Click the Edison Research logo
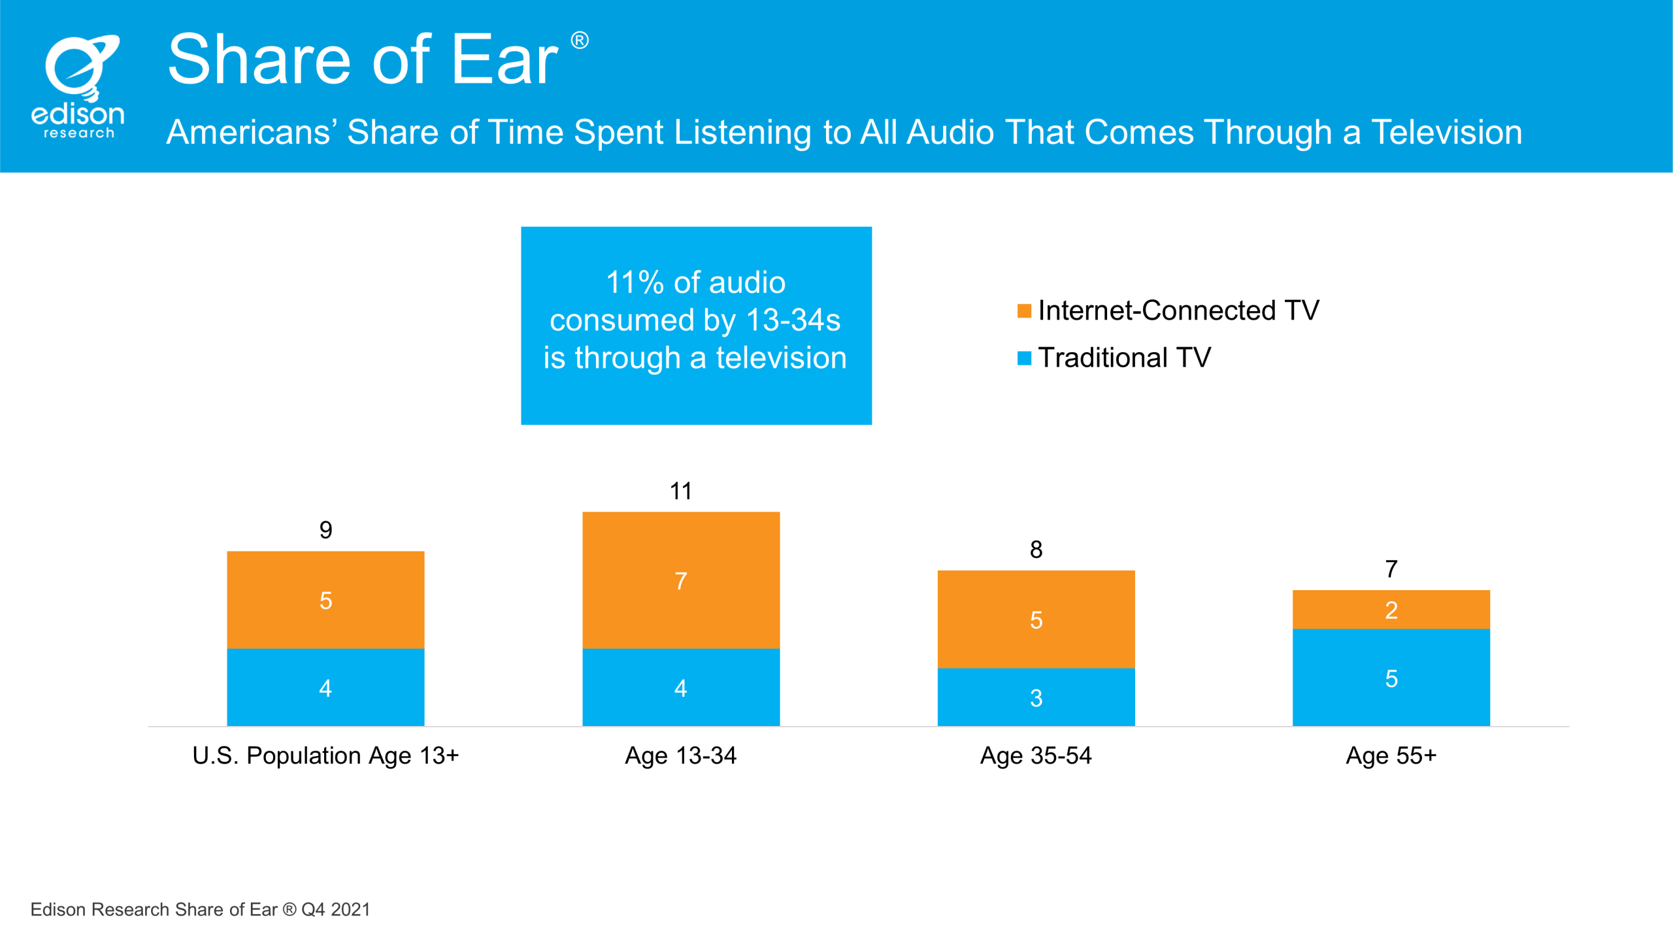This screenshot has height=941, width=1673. (x=78, y=87)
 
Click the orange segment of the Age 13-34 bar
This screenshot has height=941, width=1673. (x=681, y=580)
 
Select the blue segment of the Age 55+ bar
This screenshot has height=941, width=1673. (x=1391, y=678)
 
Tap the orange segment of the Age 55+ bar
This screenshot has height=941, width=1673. (x=1391, y=610)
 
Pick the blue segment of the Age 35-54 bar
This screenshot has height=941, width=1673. (x=1036, y=697)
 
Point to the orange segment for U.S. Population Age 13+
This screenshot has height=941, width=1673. (x=325, y=600)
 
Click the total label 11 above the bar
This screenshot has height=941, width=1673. (x=681, y=491)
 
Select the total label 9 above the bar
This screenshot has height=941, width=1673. (x=325, y=529)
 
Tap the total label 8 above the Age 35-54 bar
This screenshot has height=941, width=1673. (x=1036, y=549)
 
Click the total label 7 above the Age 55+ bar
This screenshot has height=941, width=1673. (x=1391, y=569)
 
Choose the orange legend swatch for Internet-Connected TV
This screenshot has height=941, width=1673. (x=1024, y=311)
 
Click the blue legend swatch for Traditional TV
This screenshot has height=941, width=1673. (x=1024, y=358)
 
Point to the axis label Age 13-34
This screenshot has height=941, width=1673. (x=681, y=755)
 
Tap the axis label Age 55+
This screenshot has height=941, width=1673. (x=1391, y=755)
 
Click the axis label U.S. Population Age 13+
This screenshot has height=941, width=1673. (x=325, y=755)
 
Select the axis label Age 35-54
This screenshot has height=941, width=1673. (x=1036, y=755)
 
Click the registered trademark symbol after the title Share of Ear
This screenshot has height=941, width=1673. (x=580, y=41)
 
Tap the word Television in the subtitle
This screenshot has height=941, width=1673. (x=1447, y=132)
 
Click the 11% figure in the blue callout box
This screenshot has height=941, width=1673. (x=635, y=282)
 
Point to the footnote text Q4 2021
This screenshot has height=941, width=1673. (x=336, y=910)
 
